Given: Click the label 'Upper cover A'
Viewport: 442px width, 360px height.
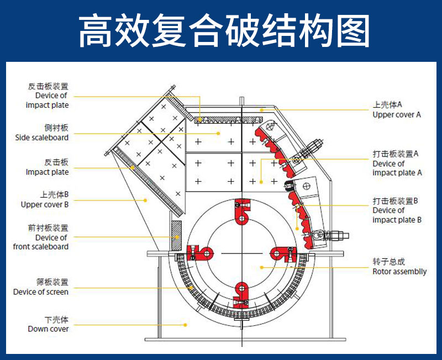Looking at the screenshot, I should coord(396,115).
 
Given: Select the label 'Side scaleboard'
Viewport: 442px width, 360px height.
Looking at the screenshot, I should coord(41,137).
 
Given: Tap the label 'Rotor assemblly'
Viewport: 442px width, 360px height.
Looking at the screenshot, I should coord(399,271).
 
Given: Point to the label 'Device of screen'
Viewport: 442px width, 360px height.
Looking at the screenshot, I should coord(41,292).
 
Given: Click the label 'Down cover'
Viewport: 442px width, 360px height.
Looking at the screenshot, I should coord(48,329).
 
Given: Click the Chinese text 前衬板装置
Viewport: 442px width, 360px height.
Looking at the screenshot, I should coord(48,228).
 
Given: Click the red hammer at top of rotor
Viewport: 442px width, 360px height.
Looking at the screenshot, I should coord(241,210).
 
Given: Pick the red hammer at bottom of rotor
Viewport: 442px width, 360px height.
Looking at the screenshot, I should coord(241,293).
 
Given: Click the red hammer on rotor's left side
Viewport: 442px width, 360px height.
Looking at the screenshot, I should coord(200,253).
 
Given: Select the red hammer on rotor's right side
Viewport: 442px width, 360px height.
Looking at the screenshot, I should coord(282,253).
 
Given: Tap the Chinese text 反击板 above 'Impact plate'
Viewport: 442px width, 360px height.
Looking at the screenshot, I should coord(56,162).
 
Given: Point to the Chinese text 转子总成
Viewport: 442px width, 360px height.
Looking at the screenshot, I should coord(389,262).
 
